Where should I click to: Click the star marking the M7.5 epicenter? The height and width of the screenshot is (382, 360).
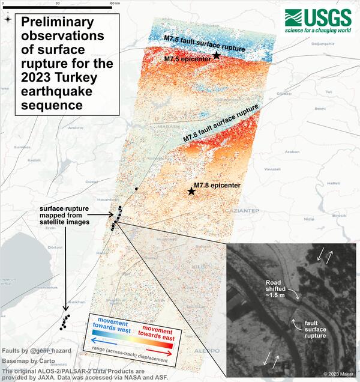pyautogui.click(x=217, y=56)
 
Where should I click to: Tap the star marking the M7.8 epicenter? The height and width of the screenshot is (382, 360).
pyautogui.click(x=191, y=192)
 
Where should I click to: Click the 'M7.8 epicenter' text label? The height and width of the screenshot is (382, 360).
pyautogui.click(x=217, y=186)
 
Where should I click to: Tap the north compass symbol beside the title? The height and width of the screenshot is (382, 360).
pyautogui.click(x=7, y=19)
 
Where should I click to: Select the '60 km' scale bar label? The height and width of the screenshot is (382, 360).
pyautogui.click(x=114, y=3)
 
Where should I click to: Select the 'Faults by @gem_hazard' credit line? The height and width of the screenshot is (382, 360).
pyautogui.click(x=28, y=350)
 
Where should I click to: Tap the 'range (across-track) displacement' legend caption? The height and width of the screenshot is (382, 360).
pyautogui.click(x=129, y=348)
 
